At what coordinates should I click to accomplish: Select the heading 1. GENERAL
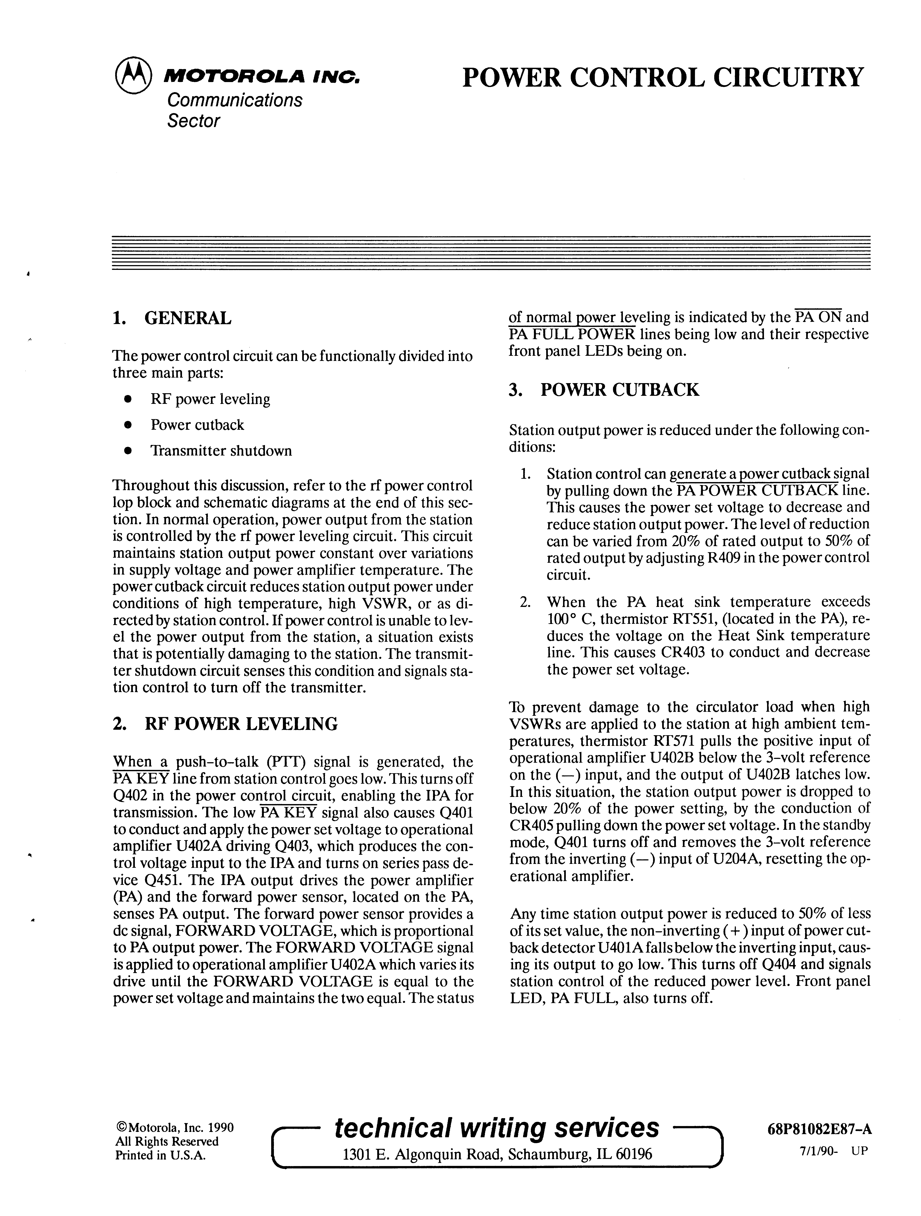coord(172,318)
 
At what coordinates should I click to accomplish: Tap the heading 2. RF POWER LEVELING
coord(225,723)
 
